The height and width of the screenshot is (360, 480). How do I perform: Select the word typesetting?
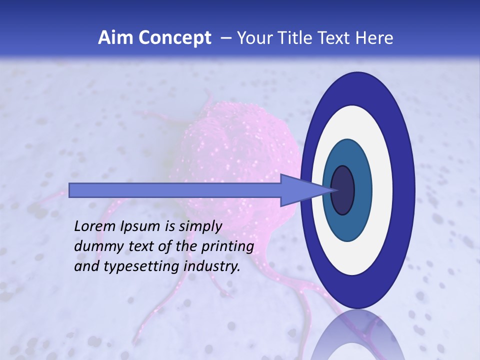pyautogui.click(x=134, y=267)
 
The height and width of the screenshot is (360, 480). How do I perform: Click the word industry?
pyautogui.click(x=211, y=266)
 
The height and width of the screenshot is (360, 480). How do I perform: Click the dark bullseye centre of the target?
pyautogui.click(x=342, y=190)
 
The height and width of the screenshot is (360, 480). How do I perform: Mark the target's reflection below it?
pyautogui.click(x=357, y=335)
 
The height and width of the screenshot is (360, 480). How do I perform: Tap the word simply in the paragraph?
pyautogui.click(x=198, y=226)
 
